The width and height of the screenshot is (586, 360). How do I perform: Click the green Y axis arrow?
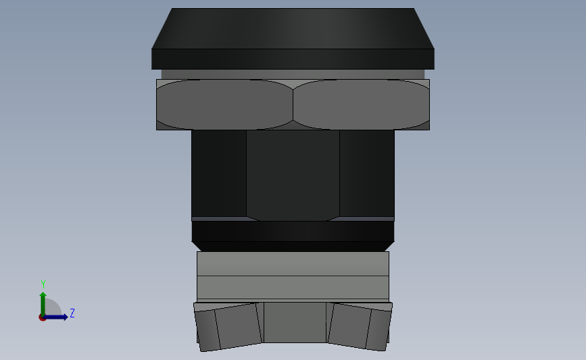43,301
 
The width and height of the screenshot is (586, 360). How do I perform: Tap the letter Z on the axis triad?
72,313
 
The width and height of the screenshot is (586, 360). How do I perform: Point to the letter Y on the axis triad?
43,284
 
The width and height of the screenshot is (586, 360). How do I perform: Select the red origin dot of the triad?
43,317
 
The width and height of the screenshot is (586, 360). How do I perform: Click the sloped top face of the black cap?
293,28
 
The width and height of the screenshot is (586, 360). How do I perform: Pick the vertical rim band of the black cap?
293,59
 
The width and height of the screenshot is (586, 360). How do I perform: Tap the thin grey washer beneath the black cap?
293,74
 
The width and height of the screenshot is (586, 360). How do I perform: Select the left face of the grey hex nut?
224,105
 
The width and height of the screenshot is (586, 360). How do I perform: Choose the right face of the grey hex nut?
362,105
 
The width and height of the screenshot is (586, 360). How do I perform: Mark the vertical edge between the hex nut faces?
293,105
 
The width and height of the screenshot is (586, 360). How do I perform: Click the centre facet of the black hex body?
293,174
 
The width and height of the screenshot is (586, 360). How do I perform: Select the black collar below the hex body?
293,231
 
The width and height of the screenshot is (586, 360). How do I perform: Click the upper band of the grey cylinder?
293,264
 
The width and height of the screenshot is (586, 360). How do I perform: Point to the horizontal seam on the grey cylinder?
293,276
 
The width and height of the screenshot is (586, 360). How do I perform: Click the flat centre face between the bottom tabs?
294,322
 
